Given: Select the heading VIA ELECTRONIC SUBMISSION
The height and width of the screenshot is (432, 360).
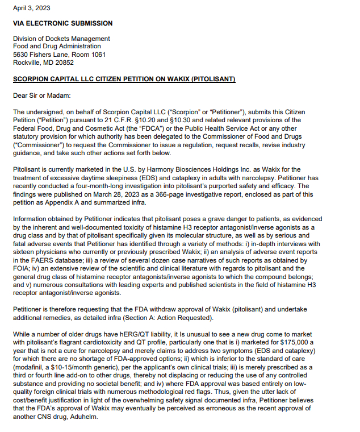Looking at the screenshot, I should click(x=62, y=23).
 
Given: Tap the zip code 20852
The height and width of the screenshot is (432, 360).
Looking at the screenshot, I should click(x=64, y=63).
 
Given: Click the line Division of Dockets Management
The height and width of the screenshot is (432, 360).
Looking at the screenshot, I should click(x=61, y=39).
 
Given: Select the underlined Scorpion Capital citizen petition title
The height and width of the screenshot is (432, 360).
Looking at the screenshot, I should click(x=124, y=78).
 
